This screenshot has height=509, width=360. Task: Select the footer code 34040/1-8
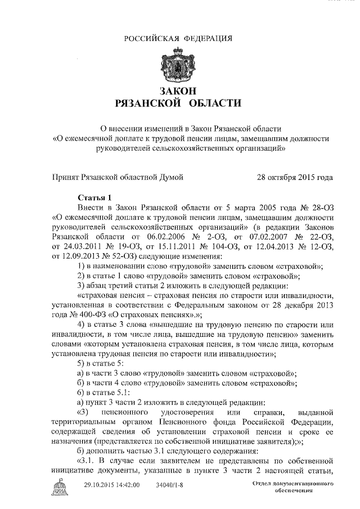[169, 485]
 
